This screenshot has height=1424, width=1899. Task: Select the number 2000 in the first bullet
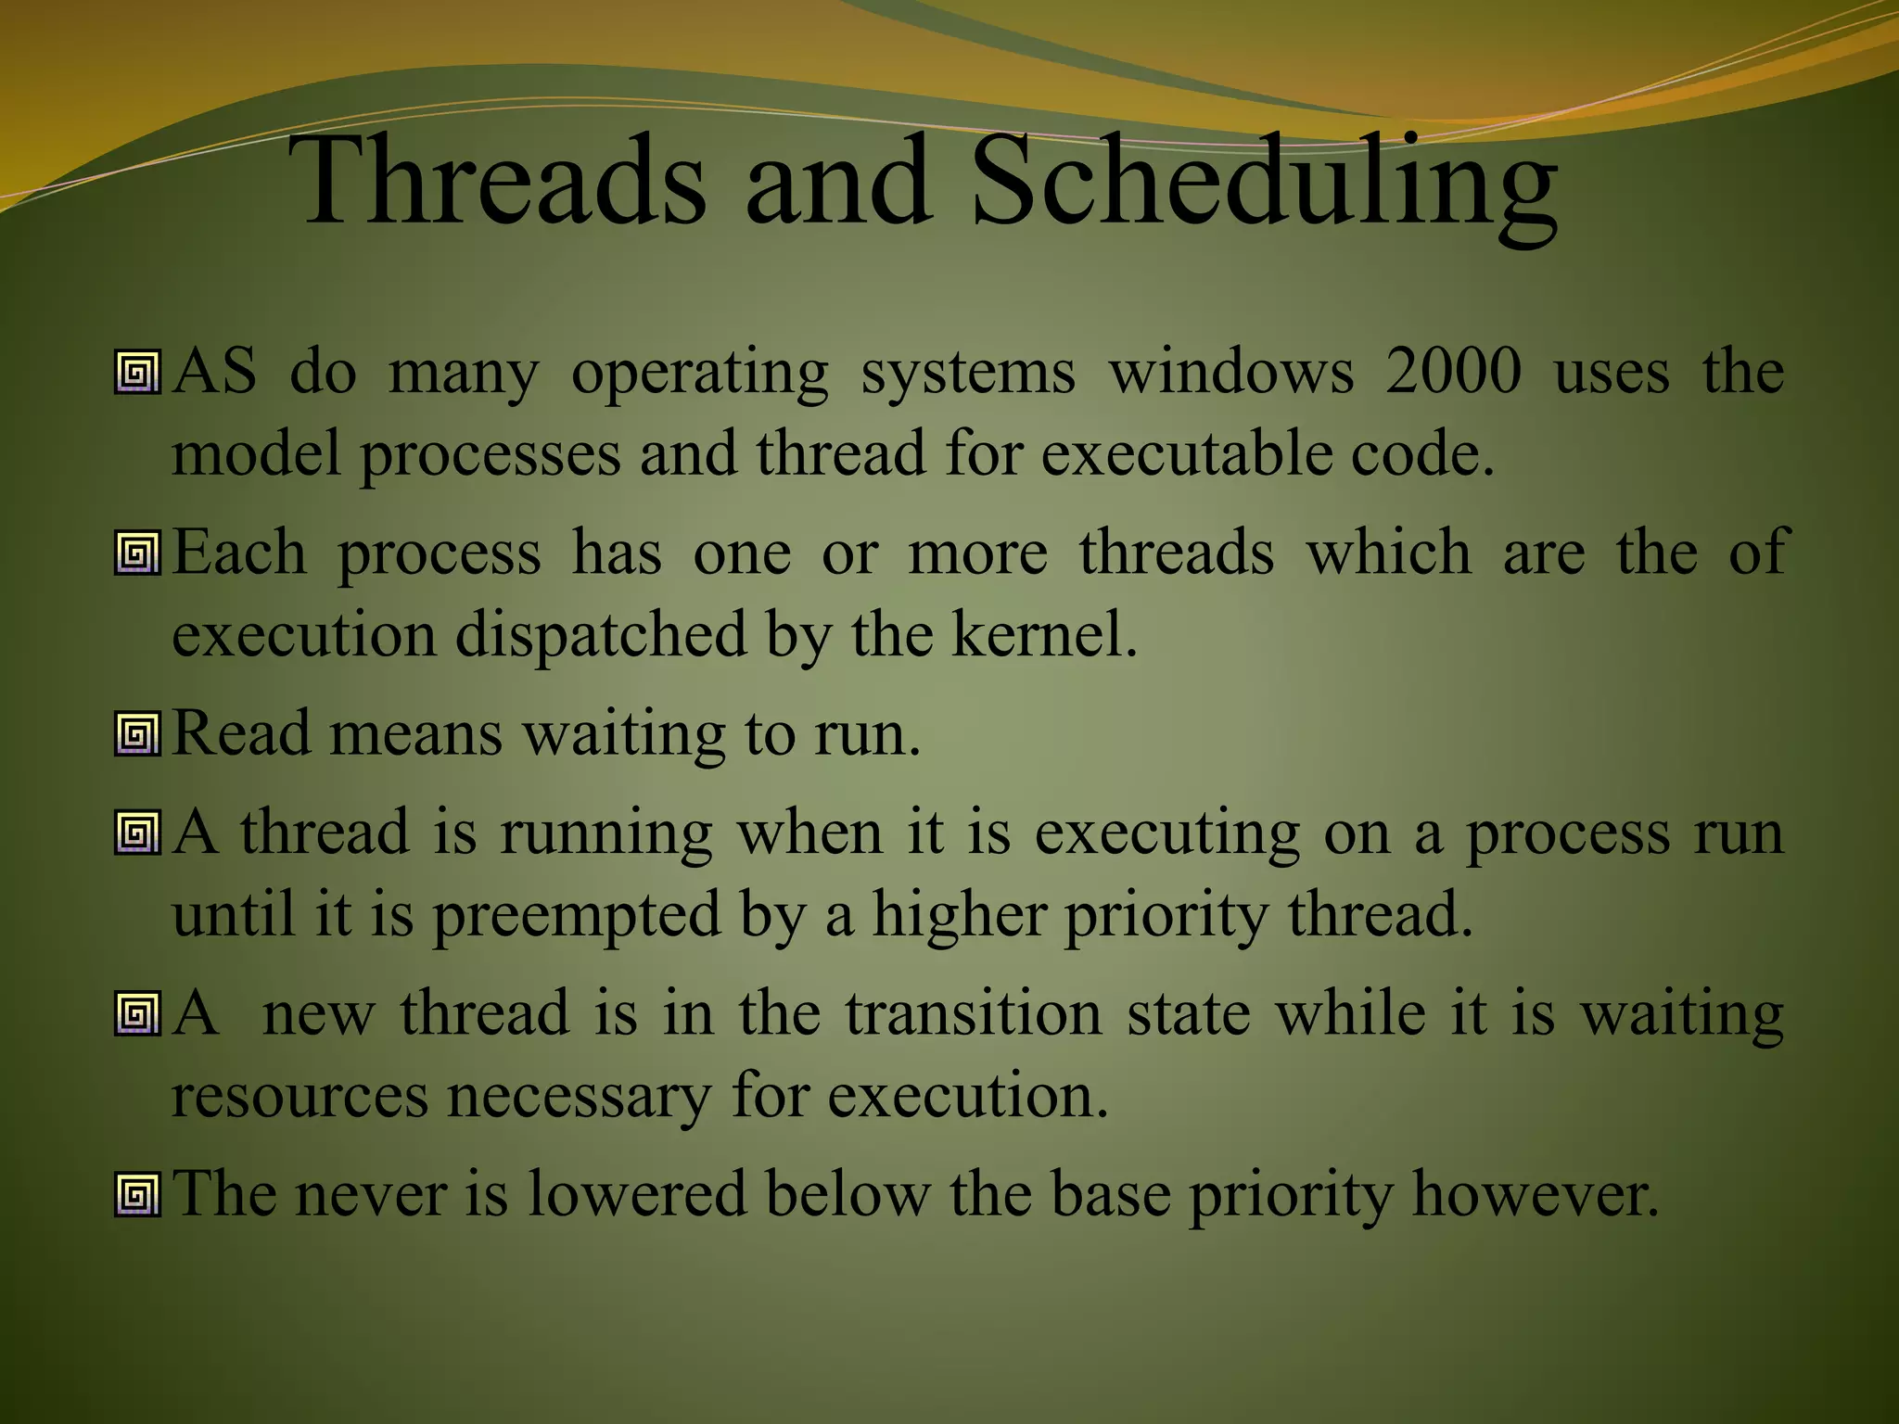pos(1453,371)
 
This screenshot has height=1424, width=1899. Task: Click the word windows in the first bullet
pos(1230,371)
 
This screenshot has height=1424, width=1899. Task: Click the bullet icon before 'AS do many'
pos(138,373)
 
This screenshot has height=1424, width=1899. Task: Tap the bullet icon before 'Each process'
pos(138,553)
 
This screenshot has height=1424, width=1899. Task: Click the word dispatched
pos(601,635)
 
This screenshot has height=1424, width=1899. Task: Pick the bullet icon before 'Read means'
pos(138,734)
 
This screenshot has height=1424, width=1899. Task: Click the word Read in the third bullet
pos(241,732)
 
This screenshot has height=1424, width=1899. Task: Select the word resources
pos(300,1096)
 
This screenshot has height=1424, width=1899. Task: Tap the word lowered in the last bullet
pos(636,1193)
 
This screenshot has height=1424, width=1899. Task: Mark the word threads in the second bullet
pos(1176,553)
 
